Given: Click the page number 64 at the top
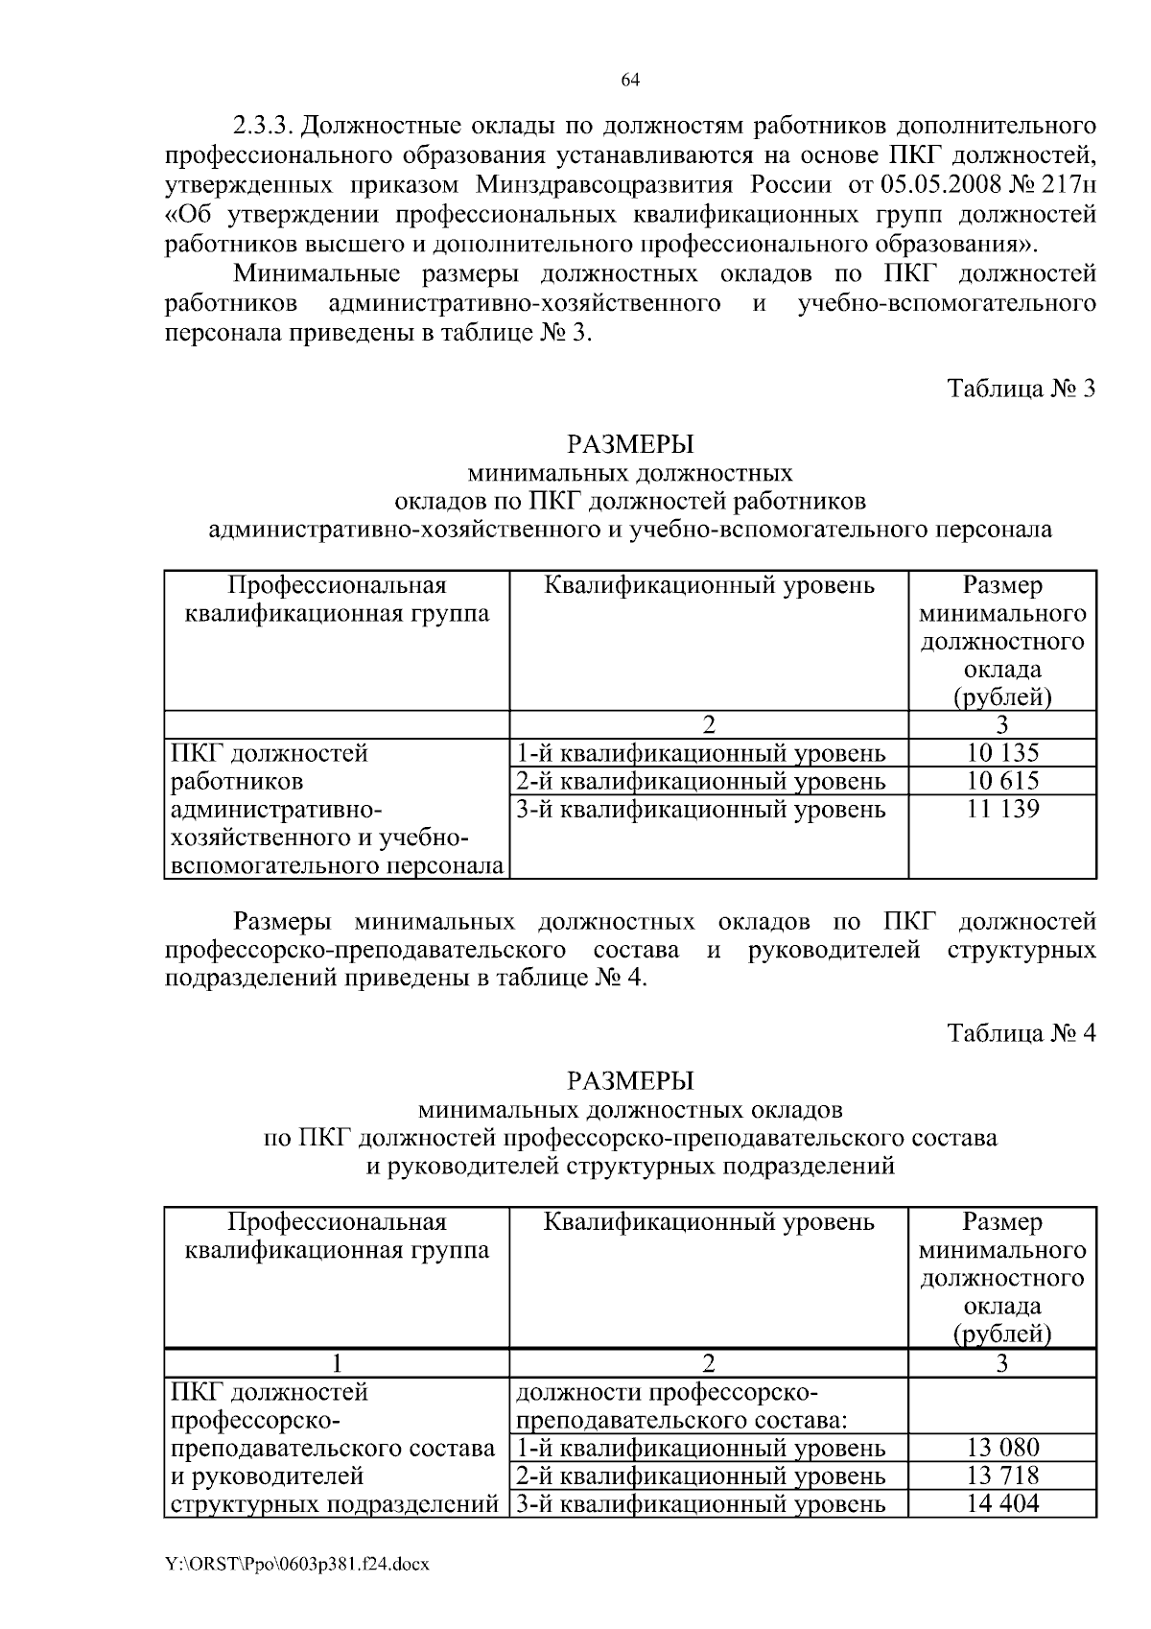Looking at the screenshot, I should coord(629,81).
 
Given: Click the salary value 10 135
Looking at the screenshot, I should coord(1002,753).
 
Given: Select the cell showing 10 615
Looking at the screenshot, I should coord(1002,781).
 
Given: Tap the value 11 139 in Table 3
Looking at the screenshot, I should coord(1002,809).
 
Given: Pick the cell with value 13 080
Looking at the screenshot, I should coord(1002,1448).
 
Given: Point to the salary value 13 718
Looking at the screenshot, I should coord(1002,1476).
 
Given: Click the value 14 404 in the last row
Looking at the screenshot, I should coord(1002,1503).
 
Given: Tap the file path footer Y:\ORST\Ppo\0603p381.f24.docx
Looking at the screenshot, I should coord(297,1565).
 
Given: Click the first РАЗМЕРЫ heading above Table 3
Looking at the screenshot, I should coord(629,445).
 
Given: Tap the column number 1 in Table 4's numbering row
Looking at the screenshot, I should coord(337,1363).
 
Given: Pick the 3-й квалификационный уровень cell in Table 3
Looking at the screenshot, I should coord(700,810).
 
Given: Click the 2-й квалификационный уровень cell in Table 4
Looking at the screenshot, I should coord(700,1476).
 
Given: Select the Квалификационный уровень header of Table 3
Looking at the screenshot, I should coord(709,585).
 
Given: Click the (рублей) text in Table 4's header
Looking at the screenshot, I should coord(1002,1334).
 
